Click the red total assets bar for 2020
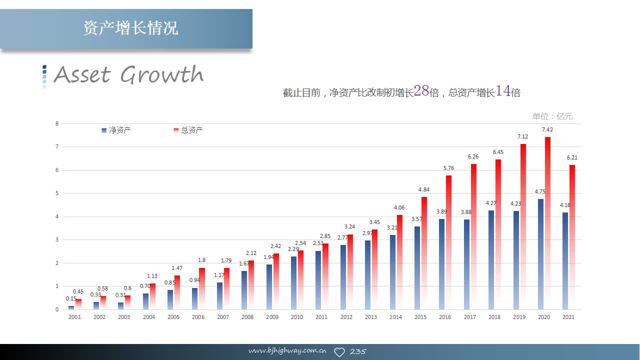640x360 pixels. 547,222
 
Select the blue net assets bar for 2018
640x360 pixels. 491,259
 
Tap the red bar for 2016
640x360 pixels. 448,242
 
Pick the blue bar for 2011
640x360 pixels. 318,280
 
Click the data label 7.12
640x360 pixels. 522,136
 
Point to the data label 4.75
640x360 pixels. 540,191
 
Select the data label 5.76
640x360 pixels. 448,168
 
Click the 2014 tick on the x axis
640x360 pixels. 395,317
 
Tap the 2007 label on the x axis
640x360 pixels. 222,317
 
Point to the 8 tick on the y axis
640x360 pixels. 57,123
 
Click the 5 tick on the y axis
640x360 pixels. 57,193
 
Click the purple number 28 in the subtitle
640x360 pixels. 421,91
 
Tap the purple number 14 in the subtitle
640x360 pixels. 503,91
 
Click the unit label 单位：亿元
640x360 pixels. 552,116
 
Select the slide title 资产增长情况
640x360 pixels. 130,28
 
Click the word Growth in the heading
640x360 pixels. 162,75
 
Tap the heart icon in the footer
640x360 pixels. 339,352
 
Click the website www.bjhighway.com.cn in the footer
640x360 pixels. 287,351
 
